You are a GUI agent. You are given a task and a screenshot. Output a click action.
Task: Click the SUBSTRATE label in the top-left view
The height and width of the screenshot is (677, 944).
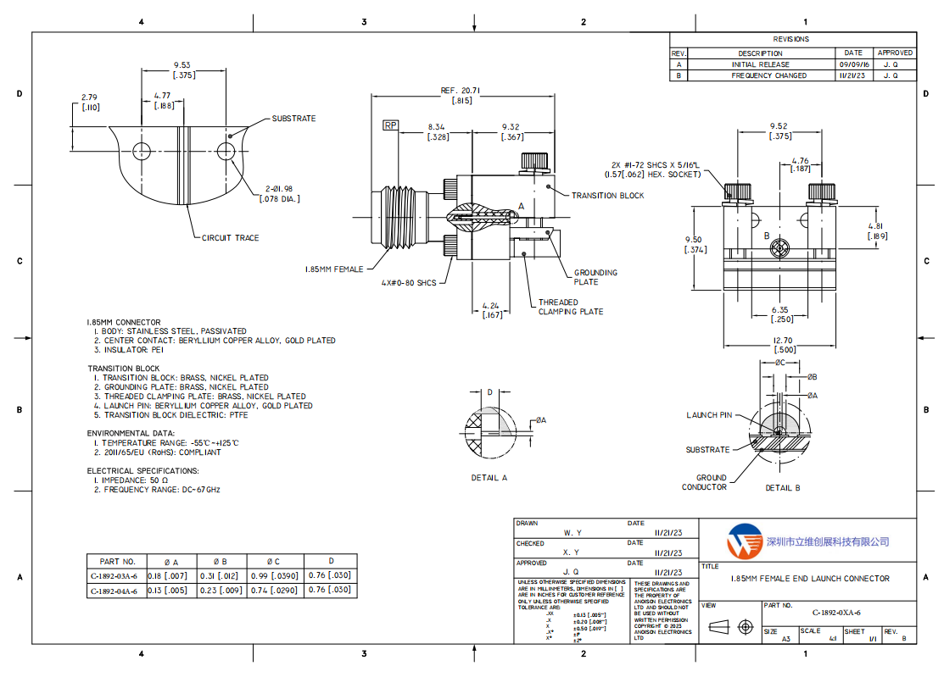(x=293, y=119)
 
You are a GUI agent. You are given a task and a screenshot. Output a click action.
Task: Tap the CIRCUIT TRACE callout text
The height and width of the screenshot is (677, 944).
(x=230, y=238)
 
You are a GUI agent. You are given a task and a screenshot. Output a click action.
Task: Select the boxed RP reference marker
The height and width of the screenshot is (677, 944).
(x=390, y=125)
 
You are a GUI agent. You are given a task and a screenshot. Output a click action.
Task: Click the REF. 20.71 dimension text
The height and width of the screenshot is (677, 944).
(x=461, y=91)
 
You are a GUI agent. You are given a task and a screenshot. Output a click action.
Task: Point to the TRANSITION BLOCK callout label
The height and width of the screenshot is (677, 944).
(x=607, y=196)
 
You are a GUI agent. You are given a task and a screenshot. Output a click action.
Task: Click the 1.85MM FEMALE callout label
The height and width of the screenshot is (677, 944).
(x=334, y=269)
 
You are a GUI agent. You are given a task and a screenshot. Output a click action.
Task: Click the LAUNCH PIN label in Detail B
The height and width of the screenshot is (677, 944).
(x=709, y=415)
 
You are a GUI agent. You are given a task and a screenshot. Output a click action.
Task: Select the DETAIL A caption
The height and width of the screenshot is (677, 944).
(x=489, y=478)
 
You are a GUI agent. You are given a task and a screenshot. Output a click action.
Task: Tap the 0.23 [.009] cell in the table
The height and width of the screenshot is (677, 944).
(x=221, y=591)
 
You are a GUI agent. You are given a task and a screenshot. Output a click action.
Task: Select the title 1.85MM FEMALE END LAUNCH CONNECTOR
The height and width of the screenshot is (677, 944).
(x=810, y=579)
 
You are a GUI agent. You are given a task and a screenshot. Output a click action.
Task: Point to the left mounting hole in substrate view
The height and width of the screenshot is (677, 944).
(x=141, y=151)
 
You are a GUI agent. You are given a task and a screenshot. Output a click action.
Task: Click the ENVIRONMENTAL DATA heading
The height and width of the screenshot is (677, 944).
(x=132, y=433)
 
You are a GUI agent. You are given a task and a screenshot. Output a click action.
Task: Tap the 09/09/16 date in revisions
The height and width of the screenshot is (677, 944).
(x=853, y=64)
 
